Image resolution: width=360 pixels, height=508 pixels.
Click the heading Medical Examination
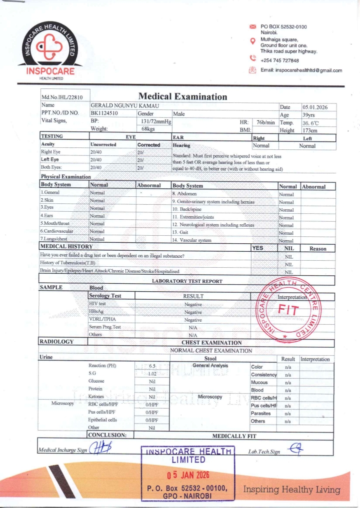tap(182, 96)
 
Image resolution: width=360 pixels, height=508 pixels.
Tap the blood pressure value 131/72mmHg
tap(156, 121)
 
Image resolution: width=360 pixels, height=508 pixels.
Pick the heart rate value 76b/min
tap(265, 122)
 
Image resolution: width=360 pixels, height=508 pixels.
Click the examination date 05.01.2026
tap(314, 107)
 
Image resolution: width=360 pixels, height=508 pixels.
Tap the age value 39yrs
tap(309, 114)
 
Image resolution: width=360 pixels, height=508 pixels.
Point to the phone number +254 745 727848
tap(280, 60)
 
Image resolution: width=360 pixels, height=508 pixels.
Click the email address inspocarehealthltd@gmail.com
tap(301, 70)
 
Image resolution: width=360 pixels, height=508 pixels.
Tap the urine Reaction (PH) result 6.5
tap(153, 366)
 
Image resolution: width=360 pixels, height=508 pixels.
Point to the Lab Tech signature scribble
tap(295, 449)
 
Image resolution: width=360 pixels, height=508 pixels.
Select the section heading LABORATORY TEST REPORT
tap(187, 281)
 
